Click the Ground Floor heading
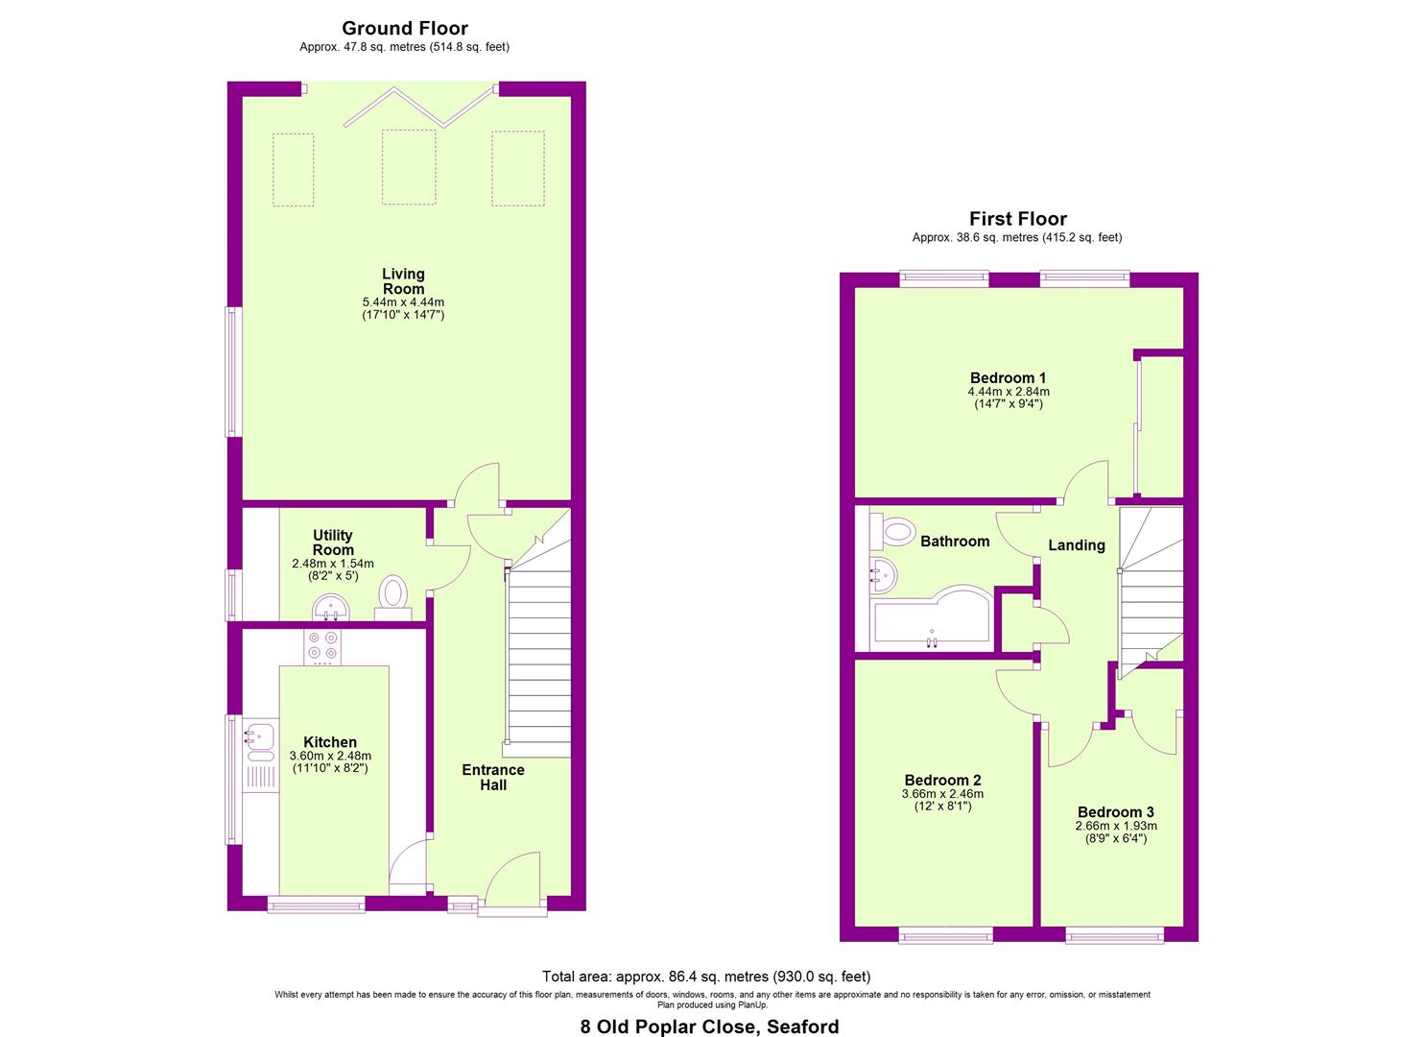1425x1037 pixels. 405,29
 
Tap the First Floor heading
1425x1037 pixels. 1017,219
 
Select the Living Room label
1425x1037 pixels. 403,281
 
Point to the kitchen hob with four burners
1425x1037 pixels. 321,647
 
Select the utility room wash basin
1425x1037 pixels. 331,607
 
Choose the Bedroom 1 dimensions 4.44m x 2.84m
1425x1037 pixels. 1009,392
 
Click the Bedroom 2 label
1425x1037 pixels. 942,780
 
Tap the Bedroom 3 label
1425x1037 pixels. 1116,811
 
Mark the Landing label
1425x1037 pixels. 1077,545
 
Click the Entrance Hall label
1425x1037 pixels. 493,778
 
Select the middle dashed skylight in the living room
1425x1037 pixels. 409,167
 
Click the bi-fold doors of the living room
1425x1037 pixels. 418,107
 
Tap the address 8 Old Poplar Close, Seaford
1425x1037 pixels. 710,1026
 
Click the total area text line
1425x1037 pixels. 706,976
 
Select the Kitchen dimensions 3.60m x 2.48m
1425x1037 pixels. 330,756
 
